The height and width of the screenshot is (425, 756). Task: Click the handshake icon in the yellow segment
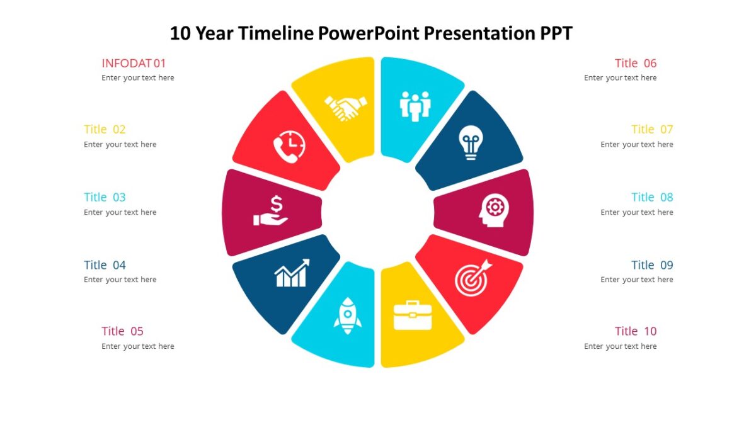pyautogui.click(x=345, y=107)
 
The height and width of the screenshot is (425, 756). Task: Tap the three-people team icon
pyautogui.click(x=415, y=106)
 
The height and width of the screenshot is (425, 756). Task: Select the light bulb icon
pyautogui.click(x=469, y=142)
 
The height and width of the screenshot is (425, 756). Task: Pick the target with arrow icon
pyautogui.click(x=472, y=278)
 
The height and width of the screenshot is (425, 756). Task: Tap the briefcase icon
pyautogui.click(x=413, y=315)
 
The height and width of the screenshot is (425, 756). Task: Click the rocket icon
pyautogui.click(x=347, y=315)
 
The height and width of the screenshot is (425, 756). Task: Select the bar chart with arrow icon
pyautogui.click(x=292, y=273)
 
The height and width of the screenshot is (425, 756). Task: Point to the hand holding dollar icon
pyautogui.click(x=271, y=210)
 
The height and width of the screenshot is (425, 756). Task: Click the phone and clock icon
pyautogui.click(x=289, y=147)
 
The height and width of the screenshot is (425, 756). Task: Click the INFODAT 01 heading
pyautogui.click(x=134, y=63)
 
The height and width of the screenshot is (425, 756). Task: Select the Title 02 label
pyautogui.click(x=105, y=129)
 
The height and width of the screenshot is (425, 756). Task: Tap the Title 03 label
pyautogui.click(x=105, y=197)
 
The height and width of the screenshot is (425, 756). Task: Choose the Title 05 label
pyautogui.click(x=122, y=331)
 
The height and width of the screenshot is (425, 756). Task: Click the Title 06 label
pyautogui.click(x=636, y=63)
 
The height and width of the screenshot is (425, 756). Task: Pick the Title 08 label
pyautogui.click(x=652, y=197)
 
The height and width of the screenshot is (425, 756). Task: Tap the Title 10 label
pyautogui.click(x=636, y=331)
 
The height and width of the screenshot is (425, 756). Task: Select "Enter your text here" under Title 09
pyautogui.click(x=636, y=280)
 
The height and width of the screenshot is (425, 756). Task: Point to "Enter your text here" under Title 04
pyautogui.click(x=120, y=280)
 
